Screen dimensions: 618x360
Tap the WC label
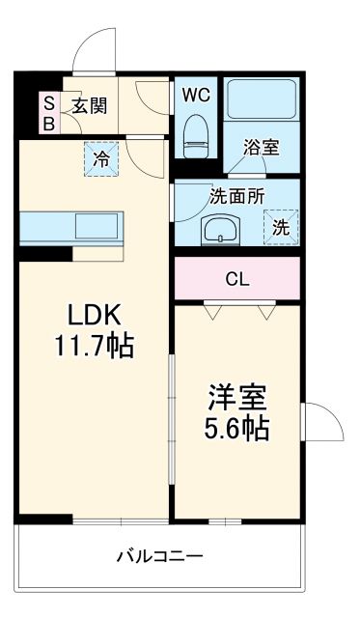tap(196, 95)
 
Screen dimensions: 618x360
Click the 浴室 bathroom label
tap(261, 148)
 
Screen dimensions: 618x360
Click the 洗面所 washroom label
tap(237, 195)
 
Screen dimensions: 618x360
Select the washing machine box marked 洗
tap(280, 228)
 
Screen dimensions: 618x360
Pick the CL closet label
tap(236, 279)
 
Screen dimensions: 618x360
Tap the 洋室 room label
tap(237, 398)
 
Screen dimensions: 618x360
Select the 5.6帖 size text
tap(237, 427)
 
